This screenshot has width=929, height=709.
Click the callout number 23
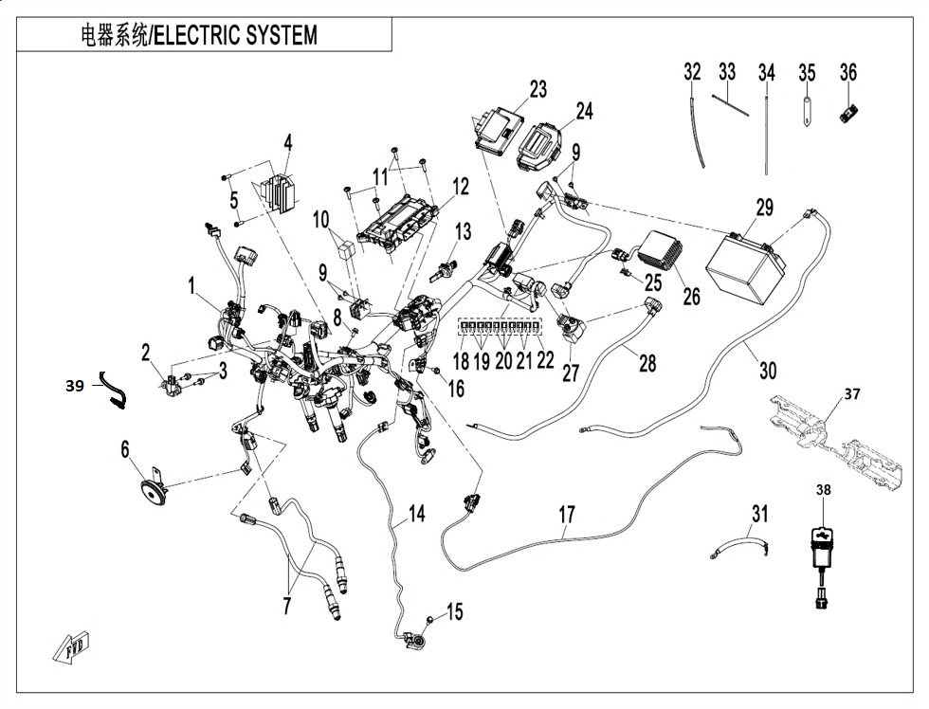point(537,90)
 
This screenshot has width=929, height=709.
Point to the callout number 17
point(566,516)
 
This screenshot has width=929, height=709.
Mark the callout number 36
point(847,72)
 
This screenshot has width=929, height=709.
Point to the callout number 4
point(287,143)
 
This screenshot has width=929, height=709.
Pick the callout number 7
point(286,606)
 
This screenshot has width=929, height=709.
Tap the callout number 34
point(766,72)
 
